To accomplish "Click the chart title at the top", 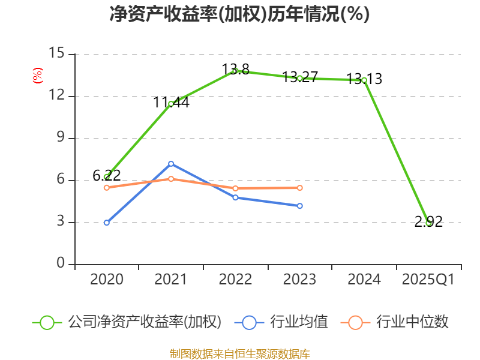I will pyautogui.click(x=239, y=14).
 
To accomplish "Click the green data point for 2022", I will pyautogui.click(x=235, y=71).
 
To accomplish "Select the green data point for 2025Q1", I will pyautogui.click(x=428, y=223).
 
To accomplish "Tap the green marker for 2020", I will pyautogui.click(x=107, y=177).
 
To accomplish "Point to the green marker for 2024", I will pyautogui.click(x=364, y=80).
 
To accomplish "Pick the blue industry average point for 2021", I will pyautogui.click(x=171, y=164).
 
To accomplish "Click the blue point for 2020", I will pyautogui.click(x=107, y=223).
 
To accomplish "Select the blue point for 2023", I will pyautogui.click(x=300, y=206).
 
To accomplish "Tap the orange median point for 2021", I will pyautogui.click(x=171, y=179).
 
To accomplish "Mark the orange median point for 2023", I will pyautogui.click(x=300, y=188).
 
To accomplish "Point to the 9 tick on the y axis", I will pyautogui.click(x=60, y=138).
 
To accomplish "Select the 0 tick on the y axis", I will pyautogui.click(x=60, y=264).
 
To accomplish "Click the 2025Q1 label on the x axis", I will pyautogui.click(x=428, y=280).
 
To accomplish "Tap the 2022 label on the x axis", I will pyautogui.click(x=235, y=280).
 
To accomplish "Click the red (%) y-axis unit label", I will pyautogui.click(x=37, y=76).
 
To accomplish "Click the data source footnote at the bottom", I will pyautogui.click(x=239, y=353).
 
